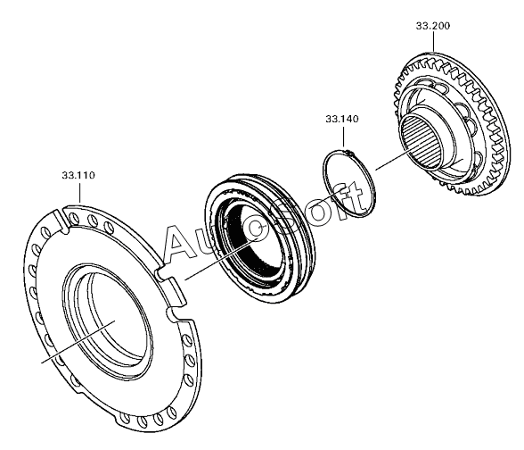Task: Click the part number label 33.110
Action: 78,175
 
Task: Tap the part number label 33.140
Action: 342,119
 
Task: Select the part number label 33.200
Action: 433,26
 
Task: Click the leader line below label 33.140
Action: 344,136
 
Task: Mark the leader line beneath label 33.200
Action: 433,41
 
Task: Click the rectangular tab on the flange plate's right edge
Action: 176,290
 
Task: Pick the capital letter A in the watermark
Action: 182,242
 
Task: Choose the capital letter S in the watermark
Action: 291,218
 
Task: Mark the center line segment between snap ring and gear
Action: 393,160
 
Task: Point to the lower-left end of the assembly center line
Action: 41,362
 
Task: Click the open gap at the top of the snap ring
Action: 350,153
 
